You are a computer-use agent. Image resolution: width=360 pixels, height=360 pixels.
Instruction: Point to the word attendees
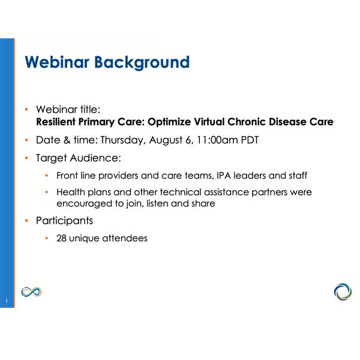(x=124, y=238)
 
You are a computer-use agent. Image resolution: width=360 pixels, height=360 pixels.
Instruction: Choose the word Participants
(x=65, y=221)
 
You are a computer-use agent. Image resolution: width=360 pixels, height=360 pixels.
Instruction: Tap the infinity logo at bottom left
(x=31, y=292)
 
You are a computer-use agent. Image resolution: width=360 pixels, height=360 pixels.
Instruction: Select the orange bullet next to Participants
(x=27, y=221)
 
